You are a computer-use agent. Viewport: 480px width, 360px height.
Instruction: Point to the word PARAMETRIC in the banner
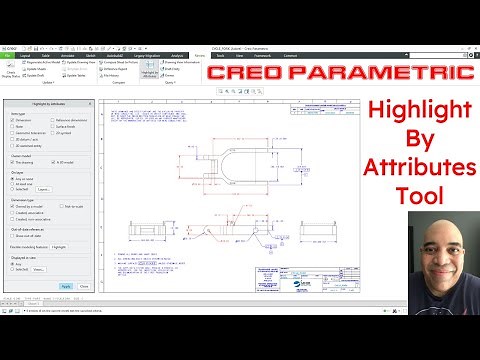coord(399,75)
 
